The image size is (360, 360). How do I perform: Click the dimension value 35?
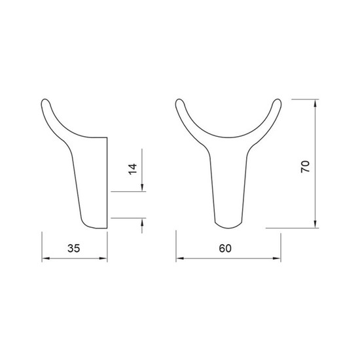(74, 248)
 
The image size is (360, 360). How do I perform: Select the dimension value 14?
(132, 170)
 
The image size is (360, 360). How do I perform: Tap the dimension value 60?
(225, 248)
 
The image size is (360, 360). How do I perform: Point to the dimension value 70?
(306, 167)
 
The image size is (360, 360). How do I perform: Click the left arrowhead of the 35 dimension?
(46, 259)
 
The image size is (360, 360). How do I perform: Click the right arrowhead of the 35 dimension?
(103, 259)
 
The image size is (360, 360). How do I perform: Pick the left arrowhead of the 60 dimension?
(180, 259)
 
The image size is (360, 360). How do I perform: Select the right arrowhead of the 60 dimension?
(277, 259)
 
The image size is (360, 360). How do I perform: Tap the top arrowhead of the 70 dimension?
(315, 103)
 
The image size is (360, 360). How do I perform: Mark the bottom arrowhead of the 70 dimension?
(315, 225)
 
